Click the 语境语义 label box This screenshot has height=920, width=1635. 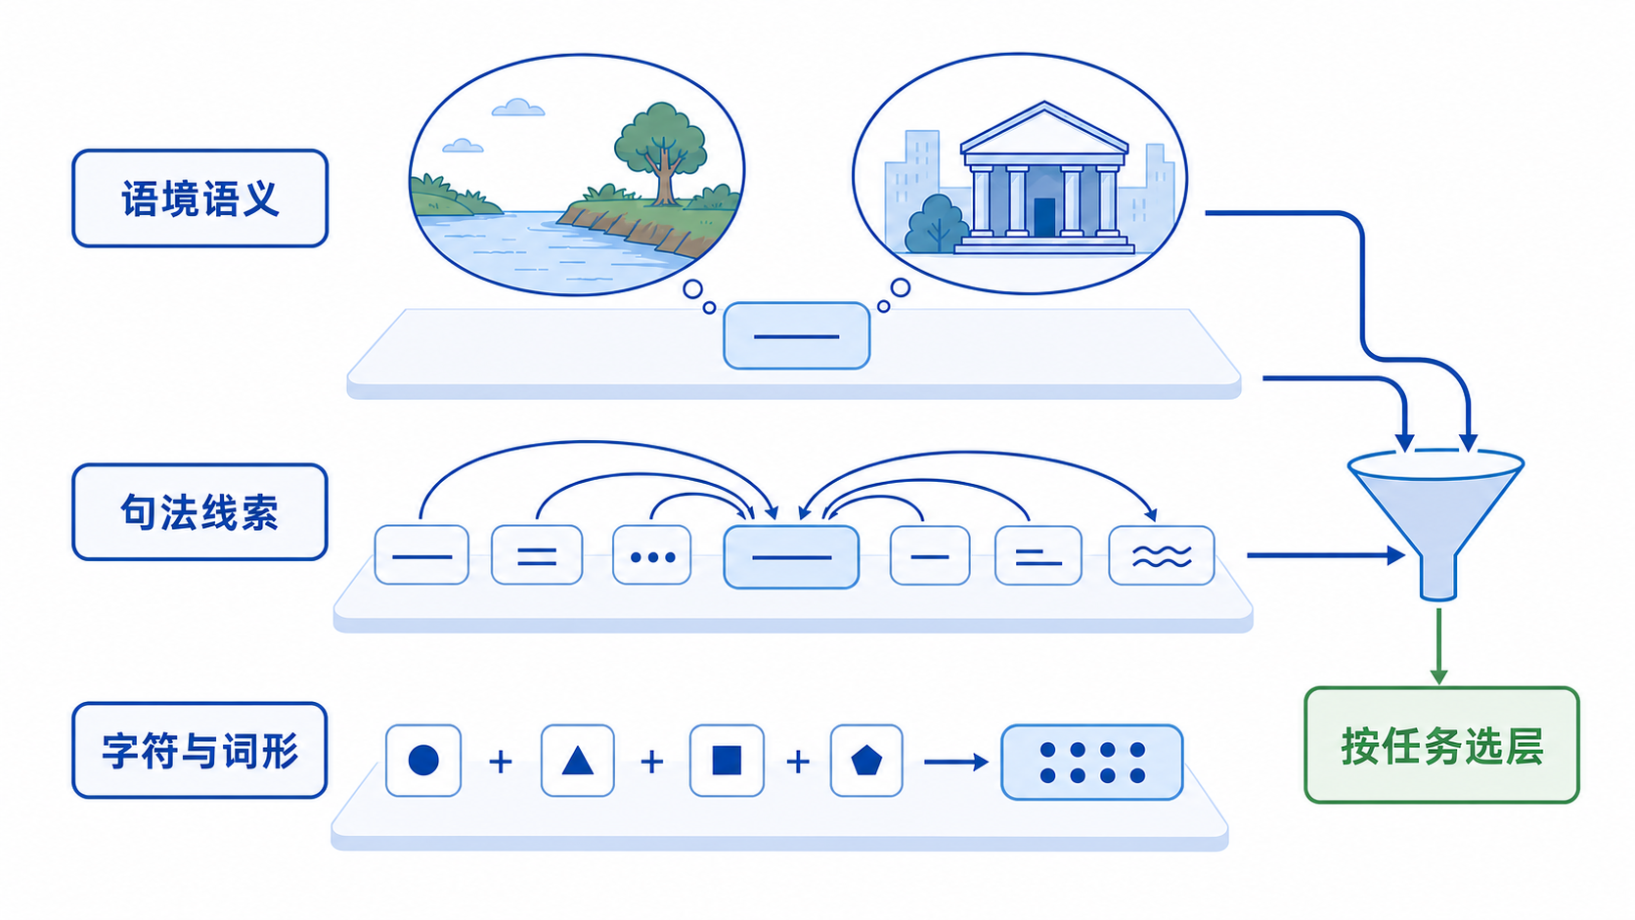pos(200,198)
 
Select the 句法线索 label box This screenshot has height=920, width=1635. pos(200,511)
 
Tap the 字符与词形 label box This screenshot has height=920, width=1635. pos(199,750)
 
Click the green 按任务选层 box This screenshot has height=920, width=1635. pos(1441,745)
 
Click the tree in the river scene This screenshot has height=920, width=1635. pos(661,153)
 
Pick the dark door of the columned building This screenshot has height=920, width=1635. pos(1044,217)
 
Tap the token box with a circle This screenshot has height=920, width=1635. pos(423,761)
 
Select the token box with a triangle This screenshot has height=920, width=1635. pos(577,761)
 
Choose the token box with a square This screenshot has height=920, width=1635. pos(727,761)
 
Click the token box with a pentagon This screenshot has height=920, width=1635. pos(866,761)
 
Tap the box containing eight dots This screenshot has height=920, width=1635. pos(1092,762)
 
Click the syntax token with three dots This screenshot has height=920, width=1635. pos(652,555)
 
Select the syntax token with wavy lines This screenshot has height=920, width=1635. pos(1162,555)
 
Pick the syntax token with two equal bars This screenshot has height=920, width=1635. pos(537,555)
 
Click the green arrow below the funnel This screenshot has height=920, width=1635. pos(1438,645)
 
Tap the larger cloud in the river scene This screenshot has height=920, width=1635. pos(518,108)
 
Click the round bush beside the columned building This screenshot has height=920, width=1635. pos(937,224)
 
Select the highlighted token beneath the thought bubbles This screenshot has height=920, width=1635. pos(796,335)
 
